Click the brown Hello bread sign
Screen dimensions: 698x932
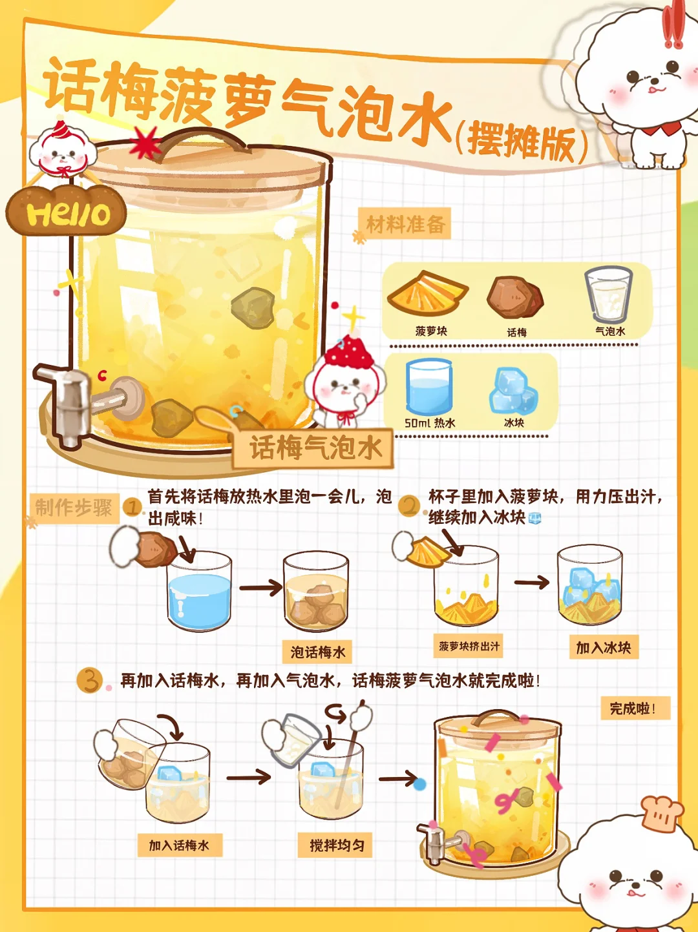(x=66, y=211)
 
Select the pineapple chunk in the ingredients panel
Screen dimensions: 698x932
(x=427, y=293)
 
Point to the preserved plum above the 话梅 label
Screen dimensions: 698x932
(x=515, y=298)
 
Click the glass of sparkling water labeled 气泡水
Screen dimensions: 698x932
(x=608, y=295)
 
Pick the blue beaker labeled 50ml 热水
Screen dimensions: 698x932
(x=428, y=386)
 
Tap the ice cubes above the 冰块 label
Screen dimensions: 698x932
(x=514, y=391)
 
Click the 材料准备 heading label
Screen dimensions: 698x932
(x=405, y=223)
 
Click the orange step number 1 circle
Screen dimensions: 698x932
(x=133, y=508)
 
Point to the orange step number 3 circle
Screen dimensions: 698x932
(x=89, y=680)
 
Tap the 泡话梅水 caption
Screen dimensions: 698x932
(x=317, y=652)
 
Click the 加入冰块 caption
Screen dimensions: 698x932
(x=604, y=648)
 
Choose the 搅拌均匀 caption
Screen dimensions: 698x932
(x=335, y=845)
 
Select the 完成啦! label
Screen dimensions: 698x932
(x=635, y=708)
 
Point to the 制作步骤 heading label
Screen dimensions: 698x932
(x=74, y=508)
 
